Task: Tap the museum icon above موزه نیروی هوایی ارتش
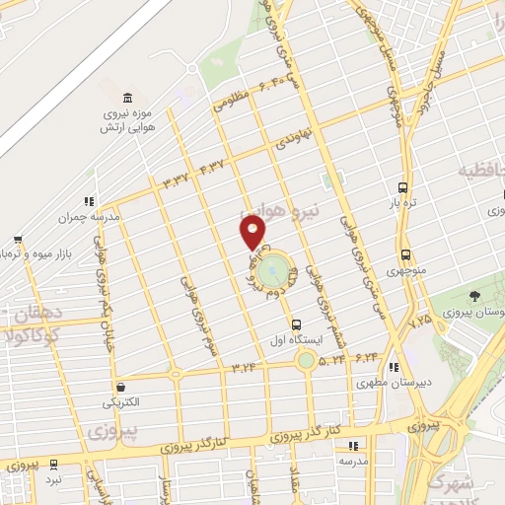126,98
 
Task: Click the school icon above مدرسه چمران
90,200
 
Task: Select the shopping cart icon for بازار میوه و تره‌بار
19,239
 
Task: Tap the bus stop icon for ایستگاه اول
296,325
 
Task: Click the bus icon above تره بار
402,187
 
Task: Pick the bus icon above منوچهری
405,254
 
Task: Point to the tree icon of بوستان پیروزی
476,296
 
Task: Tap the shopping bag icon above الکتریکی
120,387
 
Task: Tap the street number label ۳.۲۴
243,367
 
